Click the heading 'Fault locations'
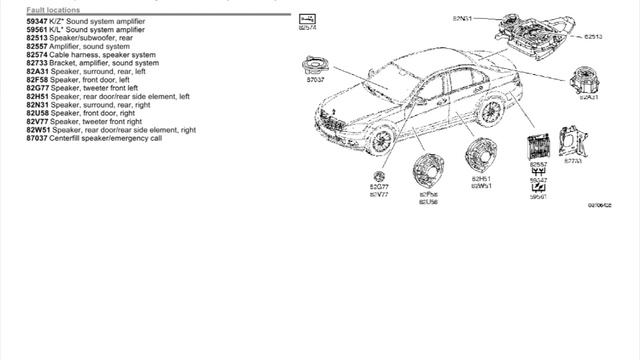[x=53, y=10]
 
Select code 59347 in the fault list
[x=37, y=20]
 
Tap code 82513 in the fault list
[x=37, y=39]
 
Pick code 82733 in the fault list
[x=37, y=64]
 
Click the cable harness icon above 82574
[x=307, y=19]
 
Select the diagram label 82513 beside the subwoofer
[x=593, y=36]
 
